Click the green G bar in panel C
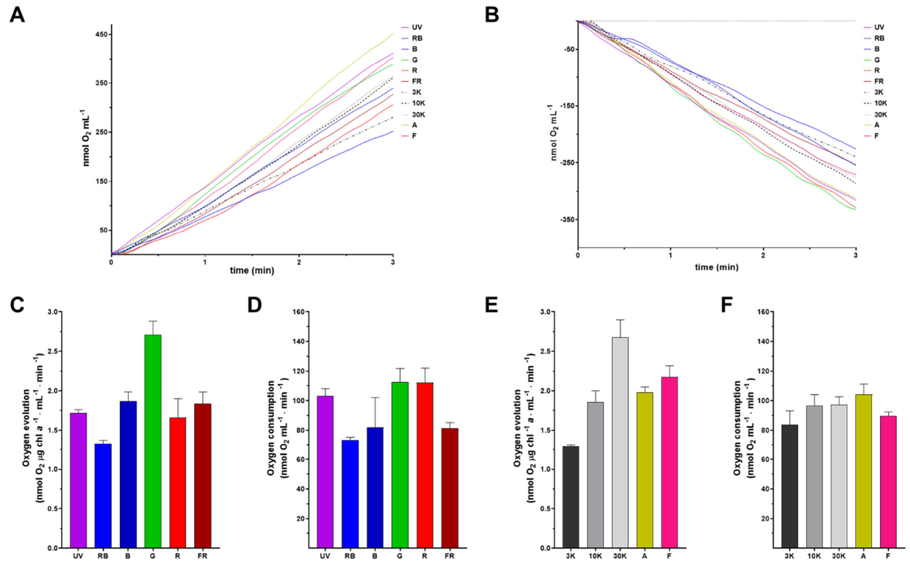[153, 441]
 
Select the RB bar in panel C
[103, 495]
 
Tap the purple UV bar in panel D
[325, 471]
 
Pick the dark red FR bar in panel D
[449, 488]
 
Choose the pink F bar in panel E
[669, 462]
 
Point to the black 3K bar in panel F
[789, 486]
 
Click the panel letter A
[17, 15]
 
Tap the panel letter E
[491, 305]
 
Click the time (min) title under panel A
[251, 270]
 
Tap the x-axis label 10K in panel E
[595, 556]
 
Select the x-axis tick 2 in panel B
[763, 256]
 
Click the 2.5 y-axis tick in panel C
[53, 351]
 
